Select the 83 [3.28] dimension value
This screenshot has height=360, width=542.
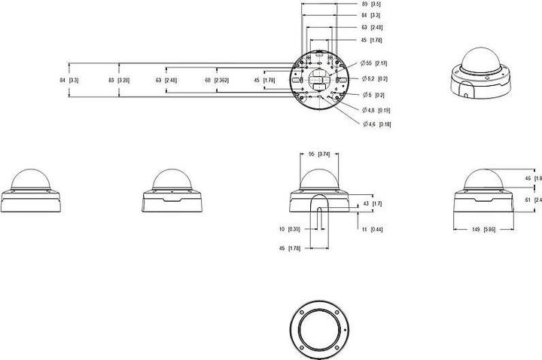point(119,79)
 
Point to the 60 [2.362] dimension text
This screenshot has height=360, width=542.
point(217,79)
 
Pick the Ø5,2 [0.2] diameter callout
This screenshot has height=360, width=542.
point(373,78)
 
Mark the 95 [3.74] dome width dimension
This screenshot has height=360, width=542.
point(320,154)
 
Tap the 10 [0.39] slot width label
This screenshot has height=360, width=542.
point(290,229)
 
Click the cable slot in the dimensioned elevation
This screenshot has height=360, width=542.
point(321,208)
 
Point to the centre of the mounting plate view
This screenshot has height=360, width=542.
point(321,79)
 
